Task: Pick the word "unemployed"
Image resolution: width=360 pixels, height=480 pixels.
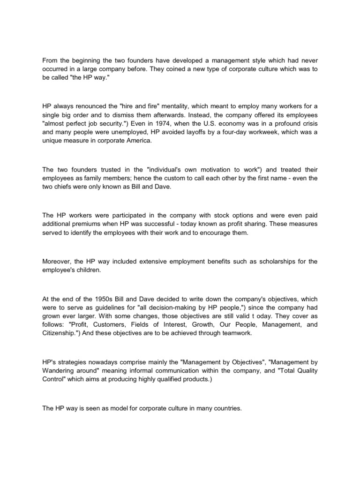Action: [x=127, y=133]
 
